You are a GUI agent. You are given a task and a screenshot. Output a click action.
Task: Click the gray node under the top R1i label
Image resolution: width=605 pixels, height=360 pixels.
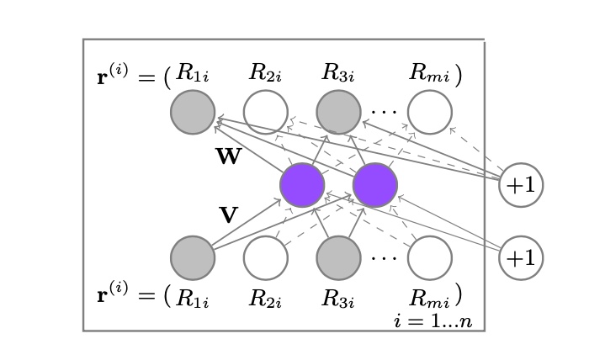tap(193, 112)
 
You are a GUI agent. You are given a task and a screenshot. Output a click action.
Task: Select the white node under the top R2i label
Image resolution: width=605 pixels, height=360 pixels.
tap(266, 112)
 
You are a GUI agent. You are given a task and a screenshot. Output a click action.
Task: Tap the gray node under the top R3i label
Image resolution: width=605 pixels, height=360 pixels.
tap(338, 112)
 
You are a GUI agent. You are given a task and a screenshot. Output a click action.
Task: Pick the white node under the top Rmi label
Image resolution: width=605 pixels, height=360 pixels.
tap(430, 112)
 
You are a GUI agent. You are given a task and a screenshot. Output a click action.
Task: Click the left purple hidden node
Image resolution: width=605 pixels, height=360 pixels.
tap(302, 185)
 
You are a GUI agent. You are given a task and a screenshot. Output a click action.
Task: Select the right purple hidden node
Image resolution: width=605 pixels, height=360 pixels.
tap(375, 185)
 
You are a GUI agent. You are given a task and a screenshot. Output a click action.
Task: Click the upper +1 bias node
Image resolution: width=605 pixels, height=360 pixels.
tap(521, 185)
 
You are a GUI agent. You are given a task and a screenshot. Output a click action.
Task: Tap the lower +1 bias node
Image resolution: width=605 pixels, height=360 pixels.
tap(521, 257)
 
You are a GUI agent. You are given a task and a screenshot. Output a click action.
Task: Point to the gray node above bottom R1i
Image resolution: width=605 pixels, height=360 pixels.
tap(193, 257)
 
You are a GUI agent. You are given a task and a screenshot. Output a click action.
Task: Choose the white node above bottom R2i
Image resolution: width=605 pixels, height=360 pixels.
tap(266, 257)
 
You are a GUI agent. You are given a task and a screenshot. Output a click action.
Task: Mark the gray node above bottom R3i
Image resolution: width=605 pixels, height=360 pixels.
tap(338, 257)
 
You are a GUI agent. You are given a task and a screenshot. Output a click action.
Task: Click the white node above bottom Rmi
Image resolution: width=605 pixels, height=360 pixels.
tap(430, 257)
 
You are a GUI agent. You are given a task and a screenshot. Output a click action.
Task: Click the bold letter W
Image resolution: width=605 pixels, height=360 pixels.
tap(228, 157)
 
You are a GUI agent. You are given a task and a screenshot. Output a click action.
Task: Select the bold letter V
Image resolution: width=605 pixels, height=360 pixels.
tap(228, 215)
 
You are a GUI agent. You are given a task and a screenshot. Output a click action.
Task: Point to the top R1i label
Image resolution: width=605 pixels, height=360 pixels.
tap(193, 73)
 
